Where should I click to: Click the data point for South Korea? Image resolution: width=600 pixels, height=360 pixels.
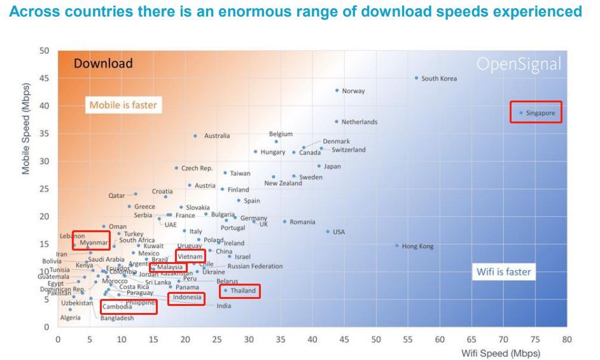pyautogui.click(x=417, y=78)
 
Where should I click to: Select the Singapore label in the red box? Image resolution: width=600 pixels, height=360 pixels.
pyautogui.click(x=540, y=113)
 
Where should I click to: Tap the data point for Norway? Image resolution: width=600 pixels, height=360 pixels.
pyautogui.click(x=337, y=90)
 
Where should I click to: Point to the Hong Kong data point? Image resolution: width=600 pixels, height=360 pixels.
pyautogui.click(x=397, y=246)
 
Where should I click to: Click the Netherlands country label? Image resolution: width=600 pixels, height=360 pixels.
pyautogui.click(x=359, y=121)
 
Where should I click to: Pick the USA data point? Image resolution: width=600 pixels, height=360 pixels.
pyautogui.click(x=328, y=232)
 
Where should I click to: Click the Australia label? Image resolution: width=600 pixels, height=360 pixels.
pyautogui.click(x=217, y=135)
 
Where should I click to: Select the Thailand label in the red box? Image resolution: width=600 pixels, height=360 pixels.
pyautogui.click(x=243, y=291)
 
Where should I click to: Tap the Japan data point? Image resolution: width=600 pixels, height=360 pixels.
pyautogui.click(x=319, y=166)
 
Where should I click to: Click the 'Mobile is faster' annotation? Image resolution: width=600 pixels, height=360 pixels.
pyautogui.click(x=123, y=105)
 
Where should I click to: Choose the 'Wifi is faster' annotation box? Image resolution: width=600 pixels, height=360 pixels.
pyautogui.click(x=503, y=272)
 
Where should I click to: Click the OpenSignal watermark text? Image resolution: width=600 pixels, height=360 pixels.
pyautogui.click(x=520, y=64)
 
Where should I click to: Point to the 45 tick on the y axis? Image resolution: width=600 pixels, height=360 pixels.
pyautogui.click(x=45, y=78)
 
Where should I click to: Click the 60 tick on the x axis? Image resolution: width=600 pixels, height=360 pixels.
pyautogui.click(x=440, y=339)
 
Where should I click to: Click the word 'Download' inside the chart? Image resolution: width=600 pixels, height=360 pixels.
pyautogui.click(x=103, y=63)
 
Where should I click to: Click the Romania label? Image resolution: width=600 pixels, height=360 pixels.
pyautogui.click(x=302, y=222)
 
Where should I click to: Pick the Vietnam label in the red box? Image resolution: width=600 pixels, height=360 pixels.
pyautogui.click(x=190, y=256)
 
